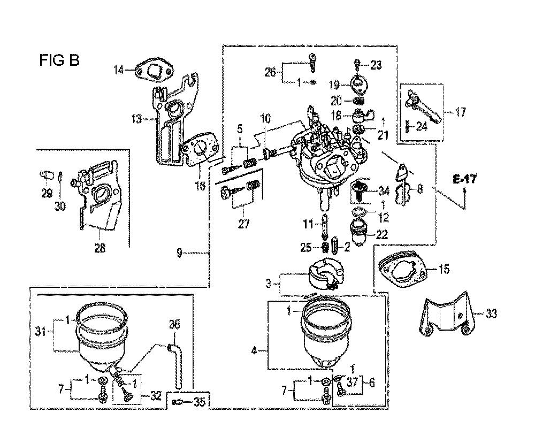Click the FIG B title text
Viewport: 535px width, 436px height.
click(x=59, y=60)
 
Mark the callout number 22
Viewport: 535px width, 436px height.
click(x=383, y=234)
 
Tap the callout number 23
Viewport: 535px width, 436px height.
click(x=376, y=65)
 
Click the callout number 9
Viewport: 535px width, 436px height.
click(x=179, y=253)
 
